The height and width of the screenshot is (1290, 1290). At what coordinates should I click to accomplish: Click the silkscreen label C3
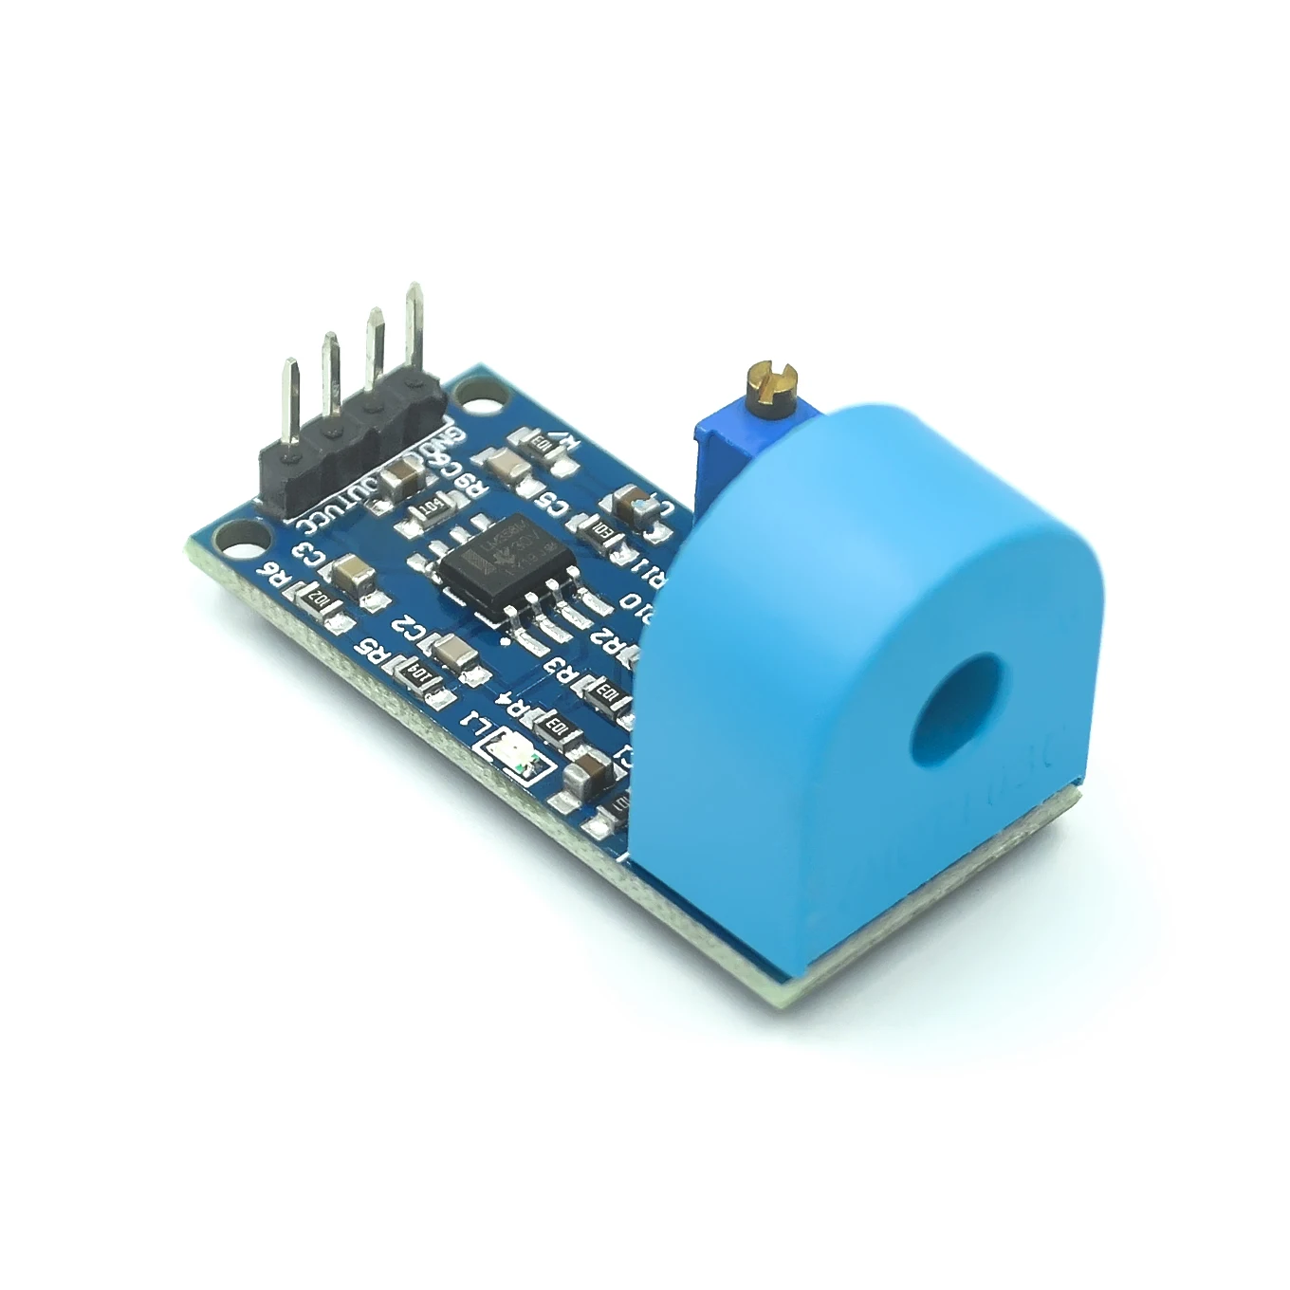(309, 553)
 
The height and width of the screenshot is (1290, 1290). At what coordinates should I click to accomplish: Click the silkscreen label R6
(271, 577)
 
